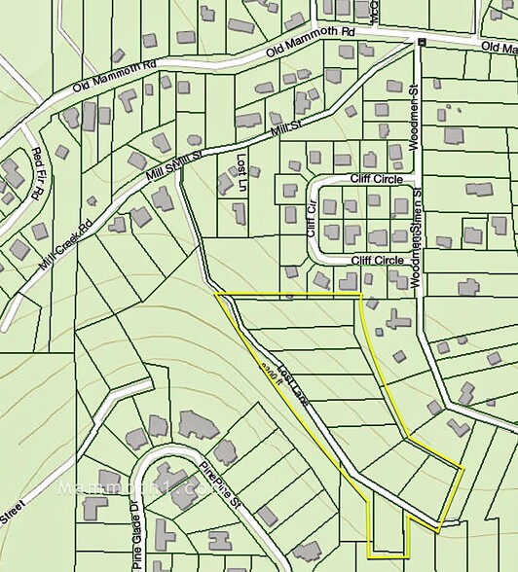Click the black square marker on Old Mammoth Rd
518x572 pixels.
point(421,42)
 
